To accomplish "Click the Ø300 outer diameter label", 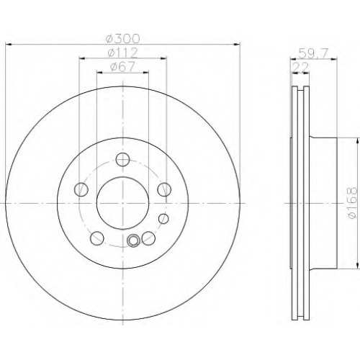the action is [123, 38].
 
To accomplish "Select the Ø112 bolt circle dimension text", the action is [123, 53].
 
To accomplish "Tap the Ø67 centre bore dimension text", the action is [123, 67].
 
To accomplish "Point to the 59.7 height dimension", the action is [313, 53].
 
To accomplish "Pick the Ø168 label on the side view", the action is [353, 203].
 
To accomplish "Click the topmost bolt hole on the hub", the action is [122, 159].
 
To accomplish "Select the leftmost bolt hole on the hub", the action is [81, 189].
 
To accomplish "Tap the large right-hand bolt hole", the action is [164, 189].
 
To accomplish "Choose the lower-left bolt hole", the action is [97, 238].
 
